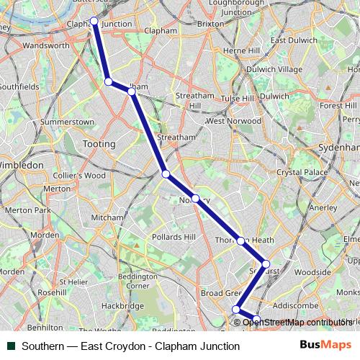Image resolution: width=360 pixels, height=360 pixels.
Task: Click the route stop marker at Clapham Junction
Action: pyautogui.click(x=94, y=21)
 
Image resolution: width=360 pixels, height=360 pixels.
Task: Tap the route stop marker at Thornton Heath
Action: pyautogui.click(x=240, y=241)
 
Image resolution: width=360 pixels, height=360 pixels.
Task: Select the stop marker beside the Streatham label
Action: pyautogui.click(x=166, y=174)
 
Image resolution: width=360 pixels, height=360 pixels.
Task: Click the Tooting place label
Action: pyautogui.click(x=99, y=144)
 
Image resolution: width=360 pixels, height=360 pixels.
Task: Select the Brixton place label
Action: pyautogui.click(x=210, y=24)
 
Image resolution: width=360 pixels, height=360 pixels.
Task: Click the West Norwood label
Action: pyautogui.click(x=233, y=121)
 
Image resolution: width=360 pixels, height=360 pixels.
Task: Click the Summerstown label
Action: pyautogui.click(x=68, y=122)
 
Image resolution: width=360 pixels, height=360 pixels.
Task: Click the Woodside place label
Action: pyautogui.click(x=312, y=273)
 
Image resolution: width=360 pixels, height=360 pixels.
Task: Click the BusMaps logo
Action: pyautogui.click(x=325, y=346)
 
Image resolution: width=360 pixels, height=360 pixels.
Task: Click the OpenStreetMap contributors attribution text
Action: pyautogui.click(x=297, y=323)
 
